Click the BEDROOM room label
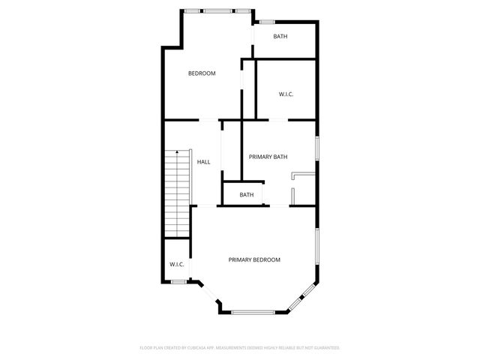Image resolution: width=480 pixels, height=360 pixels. click(x=202, y=73)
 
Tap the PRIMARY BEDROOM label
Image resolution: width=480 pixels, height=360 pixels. click(x=254, y=259)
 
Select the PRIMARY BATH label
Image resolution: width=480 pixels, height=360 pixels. click(x=268, y=157)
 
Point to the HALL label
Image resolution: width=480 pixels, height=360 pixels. click(x=203, y=162)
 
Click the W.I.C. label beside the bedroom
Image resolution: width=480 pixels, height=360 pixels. click(x=286, y=94)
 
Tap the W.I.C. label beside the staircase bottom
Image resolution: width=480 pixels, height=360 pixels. click(x=177, y=264)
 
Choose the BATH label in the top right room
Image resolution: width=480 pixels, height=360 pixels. click(x=280, y=37)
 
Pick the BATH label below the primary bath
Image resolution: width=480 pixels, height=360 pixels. click(x=247, y=195)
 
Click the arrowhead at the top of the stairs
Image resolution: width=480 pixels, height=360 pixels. click(x=178, y=151)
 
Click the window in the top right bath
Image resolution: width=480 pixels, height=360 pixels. click(x=266, y=22)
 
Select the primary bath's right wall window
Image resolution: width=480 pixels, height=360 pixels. click(x=317, y=147)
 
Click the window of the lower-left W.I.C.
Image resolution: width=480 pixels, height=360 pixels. click(x=178, y=281)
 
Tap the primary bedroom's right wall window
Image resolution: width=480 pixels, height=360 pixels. click(x=317, y=248)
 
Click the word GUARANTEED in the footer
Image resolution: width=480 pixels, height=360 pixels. click(x=326, y=348)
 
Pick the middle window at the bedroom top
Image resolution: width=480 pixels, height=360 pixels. click(x=218, y=11)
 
